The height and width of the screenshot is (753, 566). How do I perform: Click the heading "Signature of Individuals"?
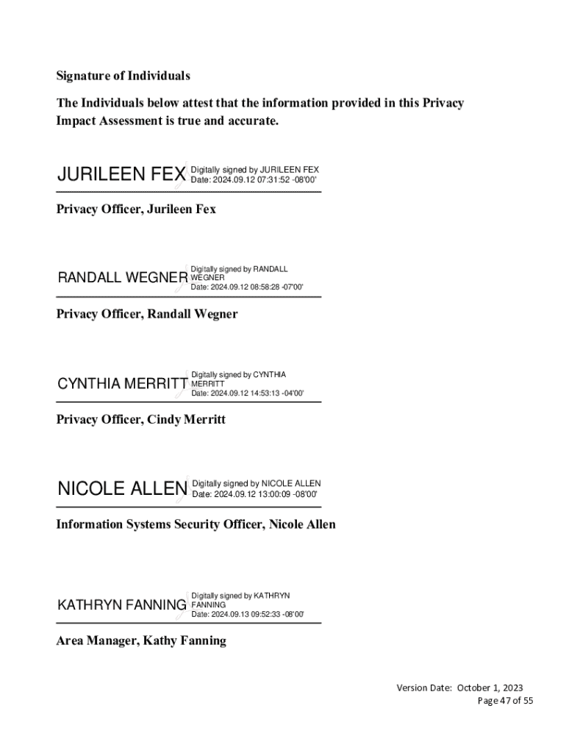pyautogui.click(x=123, y=76)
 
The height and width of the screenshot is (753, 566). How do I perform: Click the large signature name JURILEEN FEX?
pyautogui.click(x=121, y=174)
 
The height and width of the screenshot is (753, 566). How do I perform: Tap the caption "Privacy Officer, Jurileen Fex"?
pyautogui.click(x=136, y=209)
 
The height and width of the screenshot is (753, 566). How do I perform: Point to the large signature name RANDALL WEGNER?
pyautogui.click(x=123, y=278)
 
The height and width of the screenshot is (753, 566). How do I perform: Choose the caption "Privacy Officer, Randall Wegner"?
pyautogui.click(x=147, y=314)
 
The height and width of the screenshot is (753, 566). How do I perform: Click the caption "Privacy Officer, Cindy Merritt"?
pyautogui.click(x=141, y=420)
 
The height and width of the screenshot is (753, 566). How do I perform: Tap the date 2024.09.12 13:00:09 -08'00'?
pyautogui.click(x=254, y=494)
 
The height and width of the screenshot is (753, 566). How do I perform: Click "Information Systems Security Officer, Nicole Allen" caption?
pyautogui.click(x=196, y=524)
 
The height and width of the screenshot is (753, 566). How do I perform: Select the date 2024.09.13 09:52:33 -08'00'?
pyautogui.click(x=247, y=614)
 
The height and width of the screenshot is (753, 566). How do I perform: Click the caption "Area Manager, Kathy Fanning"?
pyautogui.click(x=141, y=640)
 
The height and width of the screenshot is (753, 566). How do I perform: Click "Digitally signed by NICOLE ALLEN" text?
pyautogui.click(x=256, y=483)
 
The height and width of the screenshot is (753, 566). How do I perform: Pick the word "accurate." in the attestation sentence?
pyautogui.click(x=253, y=121)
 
